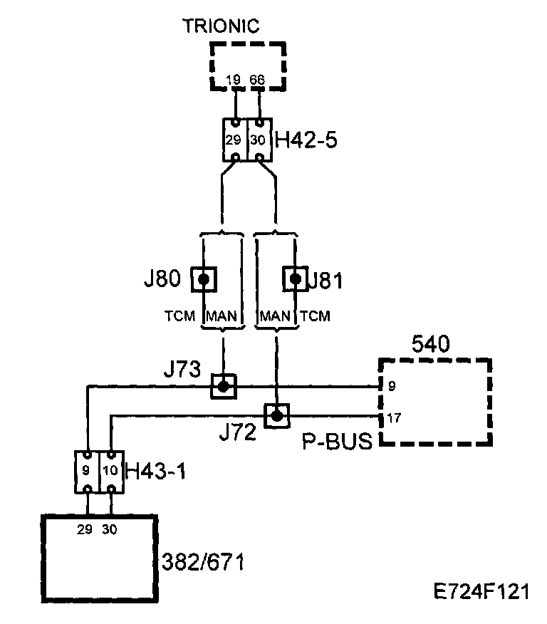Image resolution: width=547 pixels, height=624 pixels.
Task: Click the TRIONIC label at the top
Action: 221,26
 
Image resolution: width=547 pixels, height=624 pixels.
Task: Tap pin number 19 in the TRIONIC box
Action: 233,80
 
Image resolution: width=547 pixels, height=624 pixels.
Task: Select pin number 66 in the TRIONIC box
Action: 258,80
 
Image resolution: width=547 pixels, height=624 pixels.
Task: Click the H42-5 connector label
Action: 306,140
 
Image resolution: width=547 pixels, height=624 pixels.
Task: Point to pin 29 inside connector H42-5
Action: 234,140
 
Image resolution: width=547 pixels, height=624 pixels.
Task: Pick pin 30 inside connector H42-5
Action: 258,140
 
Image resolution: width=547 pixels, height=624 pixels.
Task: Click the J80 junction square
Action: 204,279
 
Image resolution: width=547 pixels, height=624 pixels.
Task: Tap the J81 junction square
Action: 294,279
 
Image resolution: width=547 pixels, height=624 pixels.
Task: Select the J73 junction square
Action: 223,386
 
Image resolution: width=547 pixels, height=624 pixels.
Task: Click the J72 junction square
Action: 276,415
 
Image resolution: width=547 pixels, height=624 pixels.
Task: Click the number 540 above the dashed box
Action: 430,345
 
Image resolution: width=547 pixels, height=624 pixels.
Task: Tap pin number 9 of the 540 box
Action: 392,388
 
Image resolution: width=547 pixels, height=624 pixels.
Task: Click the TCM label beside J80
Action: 179,316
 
